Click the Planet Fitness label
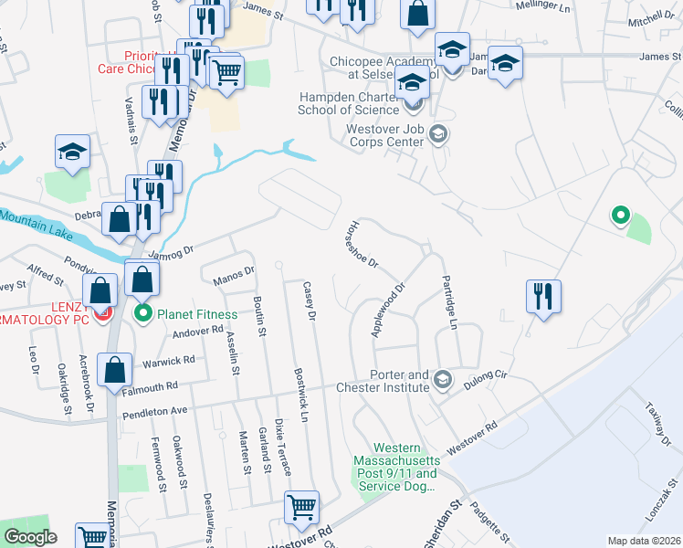[196, 314]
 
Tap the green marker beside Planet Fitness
[144, 315]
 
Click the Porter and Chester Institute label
[400, 381]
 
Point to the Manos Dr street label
[233, 276]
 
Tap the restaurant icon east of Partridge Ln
[543, 296]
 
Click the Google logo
[30, 537]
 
